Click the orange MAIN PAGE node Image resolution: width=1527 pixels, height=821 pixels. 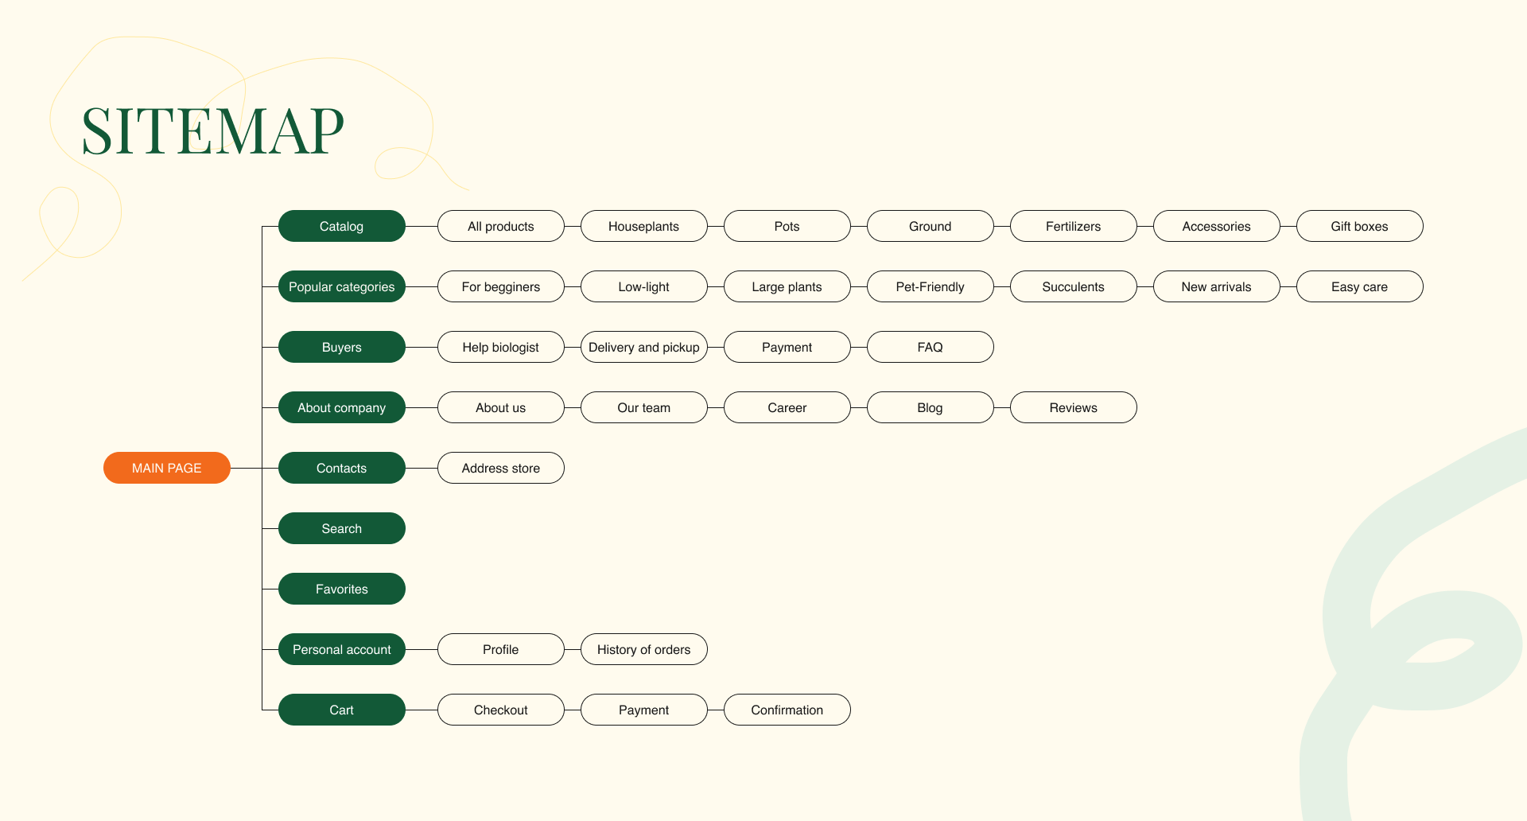[x=166, y=468]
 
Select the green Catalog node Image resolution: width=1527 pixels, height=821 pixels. [x=341, y=226]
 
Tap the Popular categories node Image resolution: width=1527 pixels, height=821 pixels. [x=341, y=286]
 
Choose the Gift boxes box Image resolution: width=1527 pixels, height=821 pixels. [x=1359, y=226]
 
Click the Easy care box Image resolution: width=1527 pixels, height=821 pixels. [x=1359, y=286]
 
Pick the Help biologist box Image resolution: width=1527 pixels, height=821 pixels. [x=500, y=347]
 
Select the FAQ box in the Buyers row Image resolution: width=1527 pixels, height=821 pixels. [x=930, y=347]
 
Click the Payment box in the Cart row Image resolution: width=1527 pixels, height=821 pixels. [x=643, y=710]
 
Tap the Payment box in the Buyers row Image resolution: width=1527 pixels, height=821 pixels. [x=787, y=347]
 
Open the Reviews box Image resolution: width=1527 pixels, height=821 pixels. [x=1073, y=407]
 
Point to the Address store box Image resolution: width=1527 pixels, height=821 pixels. [x=500, y=468]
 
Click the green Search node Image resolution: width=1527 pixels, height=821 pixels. [x=341, y=528]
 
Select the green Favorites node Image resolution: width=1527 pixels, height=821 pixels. [x=341, y=589]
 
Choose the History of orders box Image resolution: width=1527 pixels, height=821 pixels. [x=643, y=649]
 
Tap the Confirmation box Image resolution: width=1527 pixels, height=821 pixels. [x=787, y=710]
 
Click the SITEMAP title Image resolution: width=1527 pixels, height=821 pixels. [x=212, y=131]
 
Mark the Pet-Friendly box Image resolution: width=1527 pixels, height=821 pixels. [x=930, y=286]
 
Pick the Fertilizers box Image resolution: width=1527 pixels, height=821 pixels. [x=1073, y=226]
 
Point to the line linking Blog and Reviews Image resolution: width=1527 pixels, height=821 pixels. [x=1002, y=407]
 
